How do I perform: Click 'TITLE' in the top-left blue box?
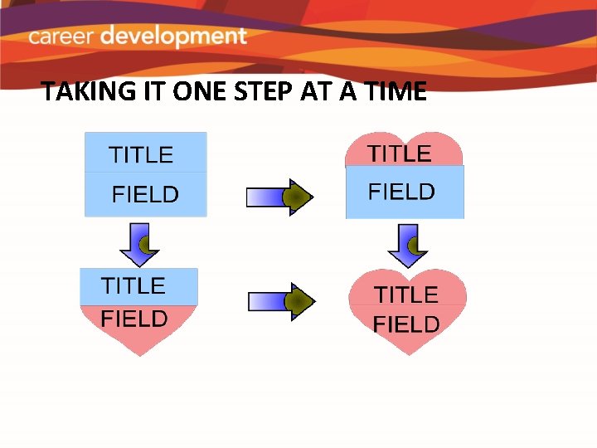point(142,155)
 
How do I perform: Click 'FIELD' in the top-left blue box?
point(145,195)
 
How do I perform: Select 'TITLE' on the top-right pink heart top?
point(400,153)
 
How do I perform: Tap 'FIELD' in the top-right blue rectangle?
point(401,192)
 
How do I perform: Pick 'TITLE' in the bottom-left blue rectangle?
point(133,286)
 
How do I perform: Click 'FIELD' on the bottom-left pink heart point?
point(134,319)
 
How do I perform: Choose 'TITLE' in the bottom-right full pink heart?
point(406,295)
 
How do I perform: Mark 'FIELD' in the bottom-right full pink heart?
point(406,324)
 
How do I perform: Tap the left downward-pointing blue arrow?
point(139,242)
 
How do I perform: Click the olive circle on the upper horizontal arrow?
point(294,197)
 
